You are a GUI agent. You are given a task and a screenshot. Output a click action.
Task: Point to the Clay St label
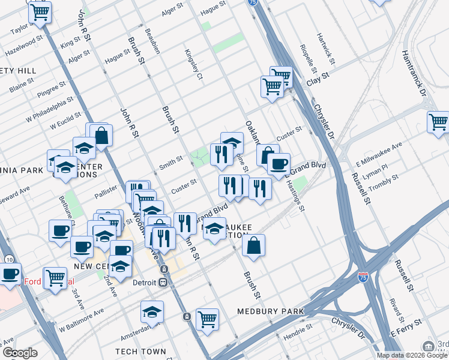click(318, 79)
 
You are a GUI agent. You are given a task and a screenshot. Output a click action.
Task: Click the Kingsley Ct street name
click(194, 64)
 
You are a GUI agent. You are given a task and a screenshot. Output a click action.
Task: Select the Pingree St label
click(55, 91)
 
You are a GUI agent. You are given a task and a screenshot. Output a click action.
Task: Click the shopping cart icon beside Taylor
click(40, 11)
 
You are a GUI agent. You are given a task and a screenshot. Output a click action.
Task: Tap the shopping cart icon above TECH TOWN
click(207, 319)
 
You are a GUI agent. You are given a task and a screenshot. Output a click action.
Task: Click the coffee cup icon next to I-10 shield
click(10, 274)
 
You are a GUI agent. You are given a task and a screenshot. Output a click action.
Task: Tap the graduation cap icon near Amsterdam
click(152, 312)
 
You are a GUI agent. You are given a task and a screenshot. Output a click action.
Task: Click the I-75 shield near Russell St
click(363, 277)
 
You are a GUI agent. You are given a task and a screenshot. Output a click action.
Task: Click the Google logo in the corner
click(20, 353)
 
